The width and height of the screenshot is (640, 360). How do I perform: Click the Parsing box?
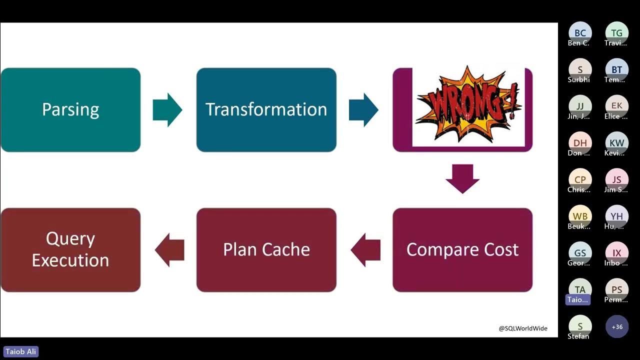pos(70,109)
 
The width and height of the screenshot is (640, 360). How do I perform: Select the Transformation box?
pos(266,109)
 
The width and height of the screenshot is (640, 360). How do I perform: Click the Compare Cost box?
pos(462,249)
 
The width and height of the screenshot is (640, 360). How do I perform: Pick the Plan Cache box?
pos(266,249)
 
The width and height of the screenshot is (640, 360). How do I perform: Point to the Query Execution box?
pos(70,249)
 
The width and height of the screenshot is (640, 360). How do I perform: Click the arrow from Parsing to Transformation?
pos(167,109)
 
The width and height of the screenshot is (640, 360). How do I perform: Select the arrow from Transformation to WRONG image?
pos(363,109)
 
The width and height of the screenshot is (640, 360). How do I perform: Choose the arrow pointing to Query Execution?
pos(169,249)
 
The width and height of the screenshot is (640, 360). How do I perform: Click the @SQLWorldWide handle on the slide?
pos(523,328)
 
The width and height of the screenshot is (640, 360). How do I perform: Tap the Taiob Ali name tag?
pos(21,351)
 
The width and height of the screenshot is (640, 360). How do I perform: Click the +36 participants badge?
pos(617,327)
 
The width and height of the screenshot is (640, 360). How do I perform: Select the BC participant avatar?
pos(580,33)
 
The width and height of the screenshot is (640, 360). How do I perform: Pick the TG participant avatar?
pos(617,33)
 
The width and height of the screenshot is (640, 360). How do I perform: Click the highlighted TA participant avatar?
pos(580,290)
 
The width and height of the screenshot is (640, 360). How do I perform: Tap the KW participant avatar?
pos(617,143)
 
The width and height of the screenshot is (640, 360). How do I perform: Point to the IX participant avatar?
pos(617,253)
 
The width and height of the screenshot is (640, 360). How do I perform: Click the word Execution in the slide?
pos(70,260)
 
